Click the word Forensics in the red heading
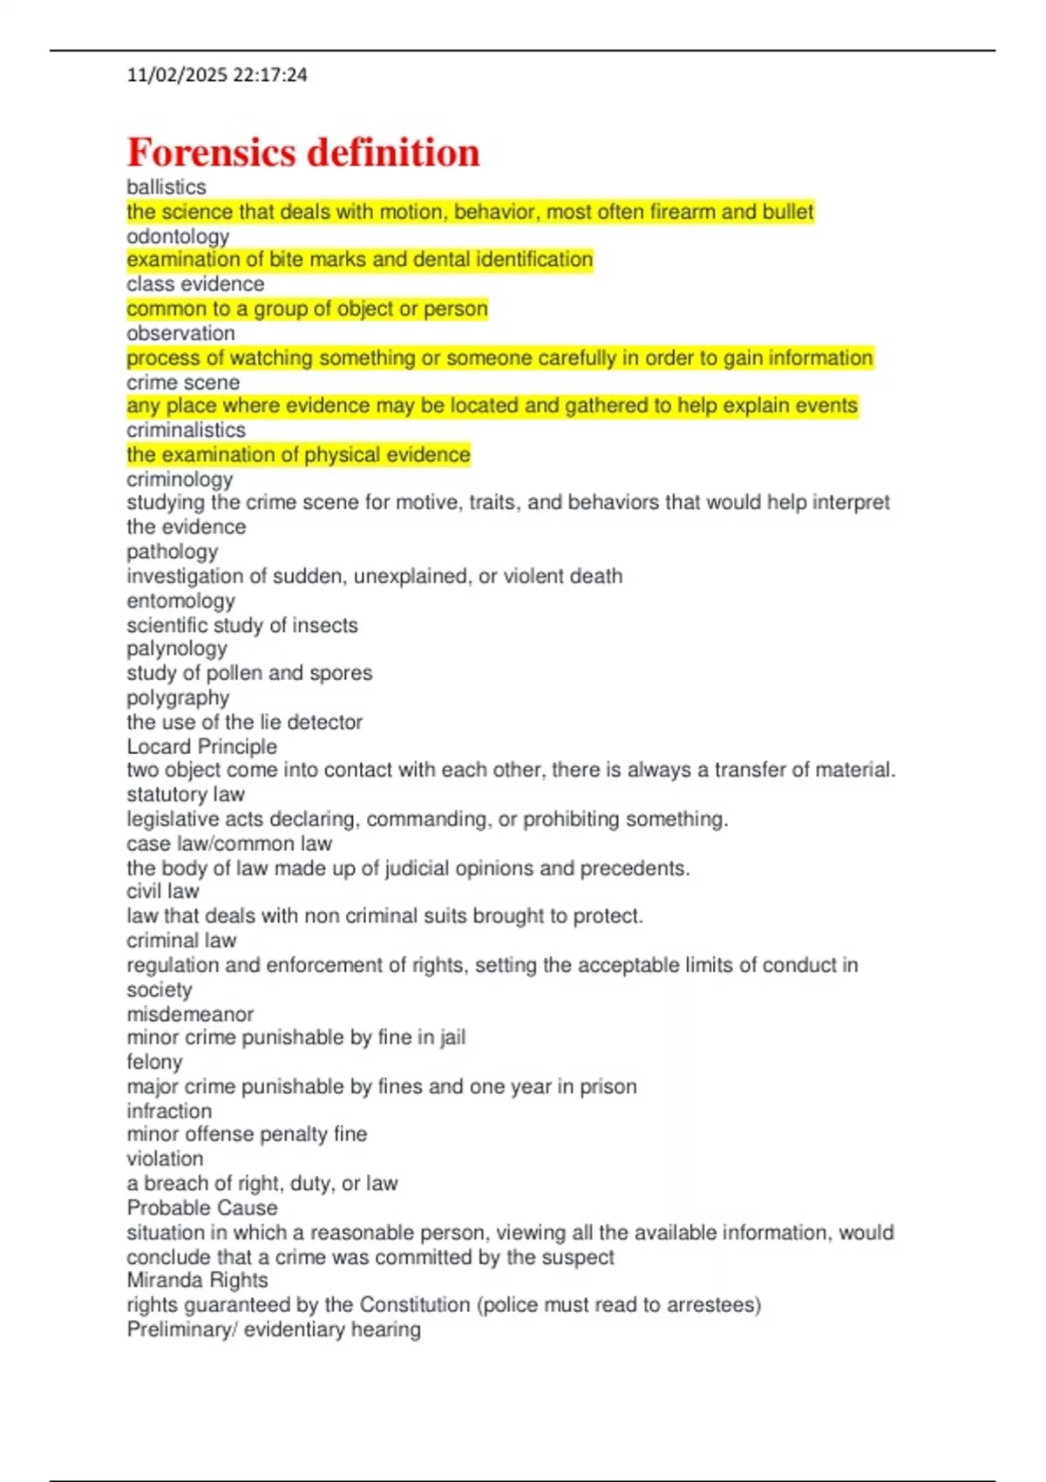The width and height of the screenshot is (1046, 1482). [212, 153]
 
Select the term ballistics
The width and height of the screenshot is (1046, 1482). [166, 187]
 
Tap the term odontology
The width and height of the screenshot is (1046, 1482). [178, 236]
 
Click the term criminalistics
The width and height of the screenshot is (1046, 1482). [186, 430]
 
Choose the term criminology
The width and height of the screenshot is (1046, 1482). [180, 479]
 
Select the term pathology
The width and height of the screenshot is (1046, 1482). [173, 552]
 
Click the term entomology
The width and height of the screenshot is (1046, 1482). [180, 601]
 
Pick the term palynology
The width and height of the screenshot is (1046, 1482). [177, 649]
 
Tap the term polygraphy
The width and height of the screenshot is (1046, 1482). [178, 697]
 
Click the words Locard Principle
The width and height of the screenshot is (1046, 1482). [201, 746]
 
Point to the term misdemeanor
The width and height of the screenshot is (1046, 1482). [190, 1014]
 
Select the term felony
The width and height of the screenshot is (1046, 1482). [154, 1062]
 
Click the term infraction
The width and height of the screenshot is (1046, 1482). [169, 1111]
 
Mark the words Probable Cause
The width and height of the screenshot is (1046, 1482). [202, 1207]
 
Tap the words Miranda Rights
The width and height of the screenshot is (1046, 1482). [197, 1280]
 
